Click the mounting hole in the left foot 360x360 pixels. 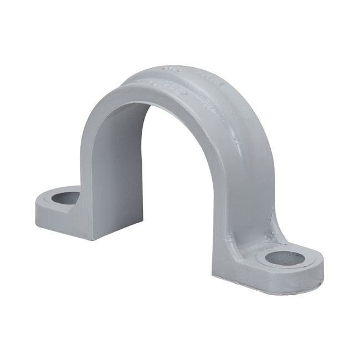click(66, 197)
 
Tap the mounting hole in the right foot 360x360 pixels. click(285, 258)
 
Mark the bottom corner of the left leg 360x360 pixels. click(92, 239)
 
